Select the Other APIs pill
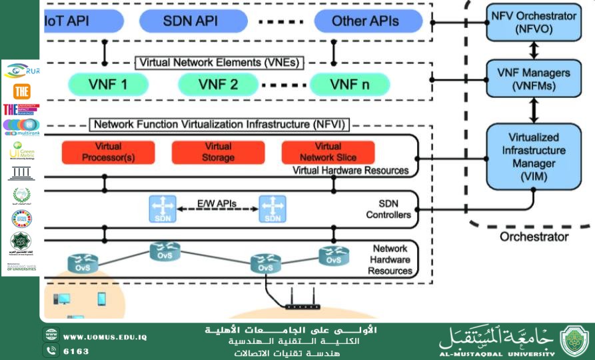click(365, 21)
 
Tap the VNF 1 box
click(108, 85)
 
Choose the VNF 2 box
click(218, 85)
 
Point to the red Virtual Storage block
click(218, 152)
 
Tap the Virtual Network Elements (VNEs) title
click(219, 63)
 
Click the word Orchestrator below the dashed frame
click(534, 236)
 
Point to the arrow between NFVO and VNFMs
click(533, 50)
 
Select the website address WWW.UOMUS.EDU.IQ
click(105, 337)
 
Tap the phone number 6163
click(76, 351)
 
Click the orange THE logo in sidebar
click(21, 91)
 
